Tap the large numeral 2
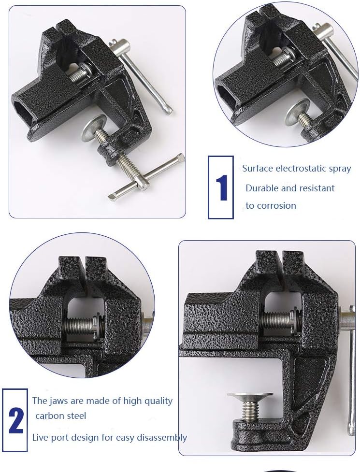tap(15, 421)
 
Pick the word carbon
tap(49, 416)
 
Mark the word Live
tap(40, 437)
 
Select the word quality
tap(157, 401)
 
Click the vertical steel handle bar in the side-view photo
tap(349, 367)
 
